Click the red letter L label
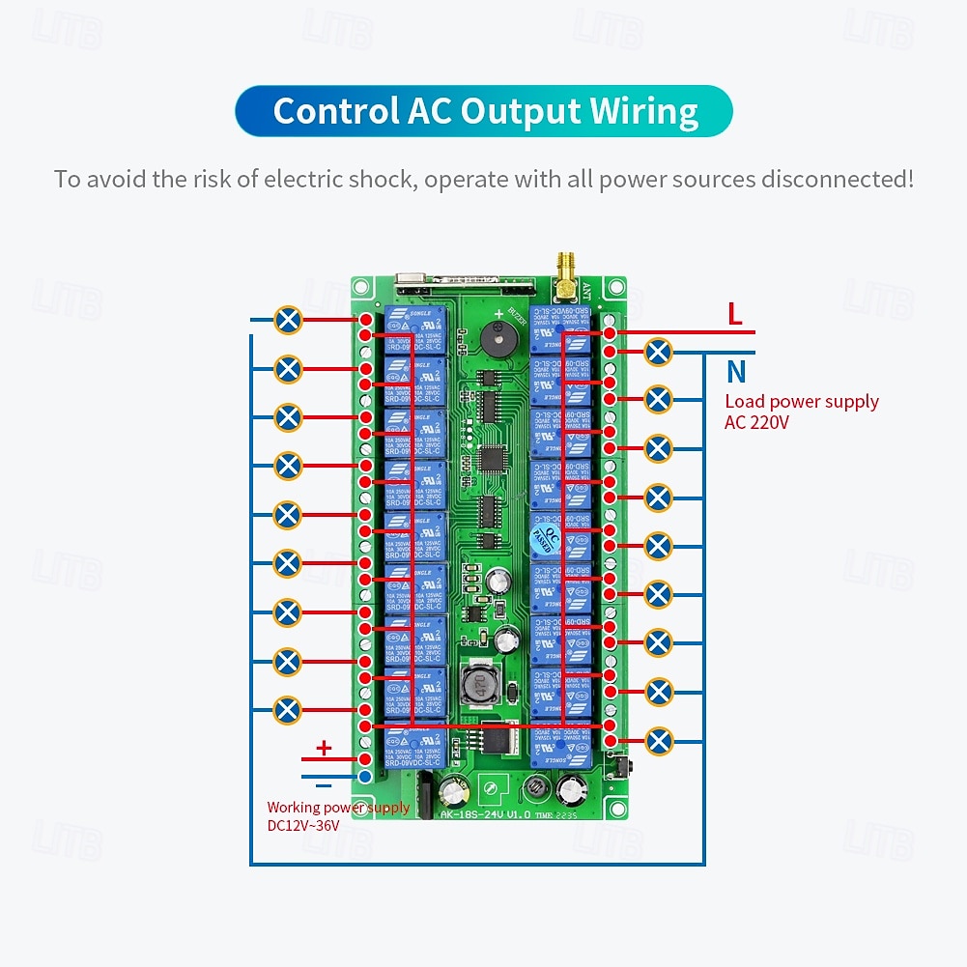pos(735,313)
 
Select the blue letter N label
pos(736,371)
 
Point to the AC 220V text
pos(756,421)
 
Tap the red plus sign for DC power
pos(325,747)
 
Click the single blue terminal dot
pos(365,776)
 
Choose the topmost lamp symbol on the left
pos(288,320)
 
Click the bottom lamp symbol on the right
pos(658,740)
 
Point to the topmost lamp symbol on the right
pos(658,352)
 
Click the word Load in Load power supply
pos(743,402)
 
